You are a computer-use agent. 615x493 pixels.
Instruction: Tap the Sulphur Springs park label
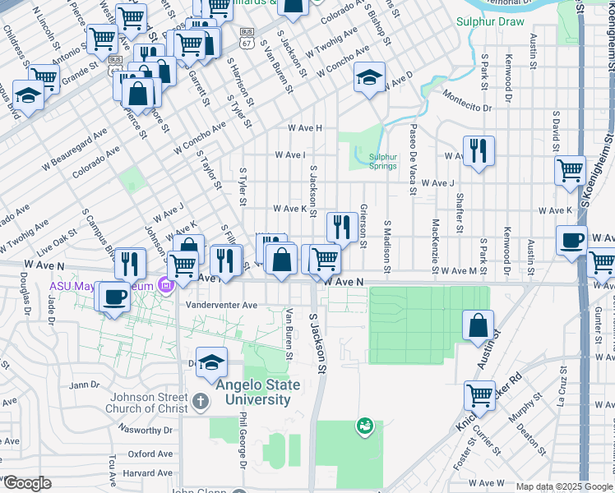click(382, 160)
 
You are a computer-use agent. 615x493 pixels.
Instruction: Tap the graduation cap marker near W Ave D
click(369, 79)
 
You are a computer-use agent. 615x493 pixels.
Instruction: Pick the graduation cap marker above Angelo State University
click(211, 362)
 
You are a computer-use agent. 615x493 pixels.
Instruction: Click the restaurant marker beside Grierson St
click(340, 226)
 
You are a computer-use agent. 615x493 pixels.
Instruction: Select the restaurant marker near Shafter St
click(478, 150)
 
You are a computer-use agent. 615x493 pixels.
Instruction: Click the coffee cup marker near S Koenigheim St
click(571, 241)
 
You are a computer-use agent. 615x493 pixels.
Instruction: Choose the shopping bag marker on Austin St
click(478, 325)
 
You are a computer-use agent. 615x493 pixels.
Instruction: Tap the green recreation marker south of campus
click(363, 425)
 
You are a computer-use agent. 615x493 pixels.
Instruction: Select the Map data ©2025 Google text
click(564, 486)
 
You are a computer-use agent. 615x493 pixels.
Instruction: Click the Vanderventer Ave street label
click(221, 305)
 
